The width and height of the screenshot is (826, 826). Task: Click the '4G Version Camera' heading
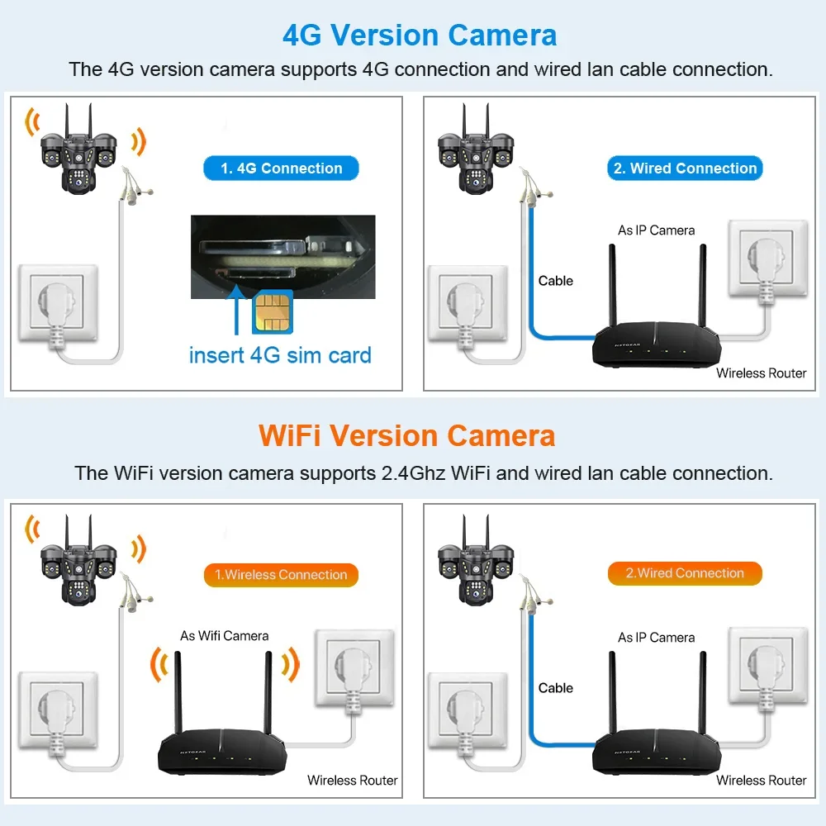click(x=420, y=36)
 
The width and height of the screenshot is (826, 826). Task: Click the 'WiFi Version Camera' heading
click(x=407, y=435)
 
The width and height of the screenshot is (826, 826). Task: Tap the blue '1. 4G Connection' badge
click(x=281, y=169)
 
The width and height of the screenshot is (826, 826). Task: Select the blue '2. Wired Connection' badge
click(x=685, y=169)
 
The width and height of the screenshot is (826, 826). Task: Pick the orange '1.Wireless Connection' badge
click(x=281, y=575)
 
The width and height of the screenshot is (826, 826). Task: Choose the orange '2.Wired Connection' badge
click(x=685, y=573)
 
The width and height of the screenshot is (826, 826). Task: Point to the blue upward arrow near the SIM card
click(x=238, y=310)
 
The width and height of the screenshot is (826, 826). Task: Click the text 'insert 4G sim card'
click(x=280, y=355)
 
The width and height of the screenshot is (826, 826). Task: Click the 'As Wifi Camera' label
click(x=225, y=636)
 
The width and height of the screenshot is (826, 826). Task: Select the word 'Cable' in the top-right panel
click(x=556, y=281)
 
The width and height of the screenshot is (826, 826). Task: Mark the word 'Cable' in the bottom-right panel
click(x=556, y=688)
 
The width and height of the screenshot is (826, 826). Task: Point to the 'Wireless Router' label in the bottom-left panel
click(x=353, y=780)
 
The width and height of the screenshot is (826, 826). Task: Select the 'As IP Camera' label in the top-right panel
click(x=657, y=230)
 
